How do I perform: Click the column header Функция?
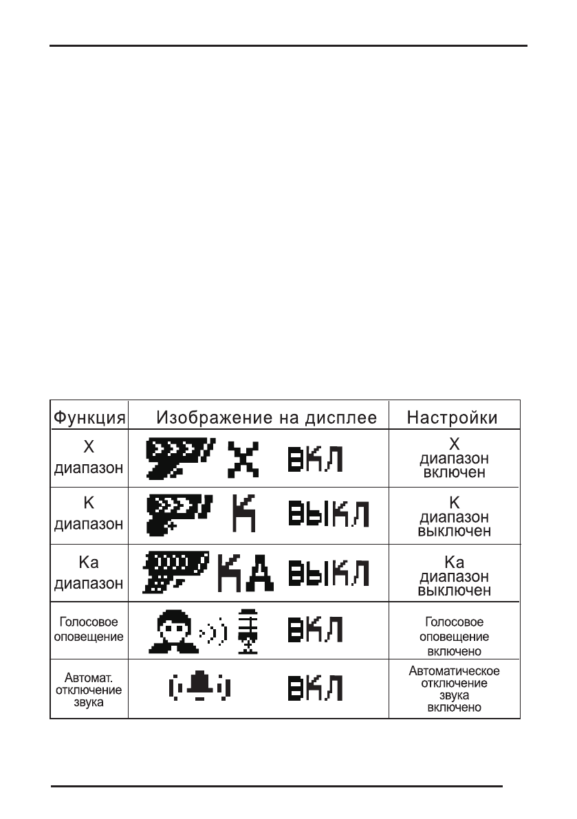[89, 417]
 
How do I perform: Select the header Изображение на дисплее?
[267, 417]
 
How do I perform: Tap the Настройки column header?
[453, 417]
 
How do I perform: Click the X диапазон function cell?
[89, 458]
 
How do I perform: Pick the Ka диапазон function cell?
[89, 574]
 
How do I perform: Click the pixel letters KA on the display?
[245, 573]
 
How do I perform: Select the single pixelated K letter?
[244, 514]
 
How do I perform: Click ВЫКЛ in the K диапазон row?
[328, 516]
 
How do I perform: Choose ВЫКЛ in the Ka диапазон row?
[328, 574]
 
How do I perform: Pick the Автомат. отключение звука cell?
[89, 687]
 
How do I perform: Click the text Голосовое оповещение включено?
[454, 636]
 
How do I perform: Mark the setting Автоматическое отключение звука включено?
[454, 688]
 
